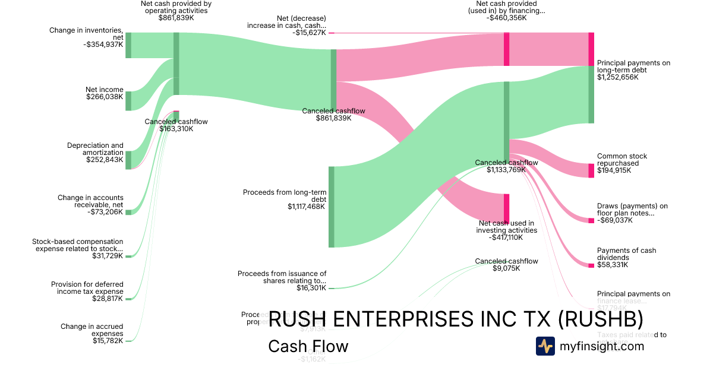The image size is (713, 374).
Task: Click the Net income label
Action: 105,90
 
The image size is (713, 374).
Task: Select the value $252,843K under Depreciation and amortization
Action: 105,160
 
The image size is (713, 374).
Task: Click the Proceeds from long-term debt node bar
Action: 332,207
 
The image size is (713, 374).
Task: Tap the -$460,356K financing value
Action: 507,18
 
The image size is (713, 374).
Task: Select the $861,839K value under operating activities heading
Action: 176,18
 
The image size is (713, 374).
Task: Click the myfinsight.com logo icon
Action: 545,346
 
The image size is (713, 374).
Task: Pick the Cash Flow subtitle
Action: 308,346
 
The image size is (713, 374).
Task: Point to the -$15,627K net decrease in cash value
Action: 309,33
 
